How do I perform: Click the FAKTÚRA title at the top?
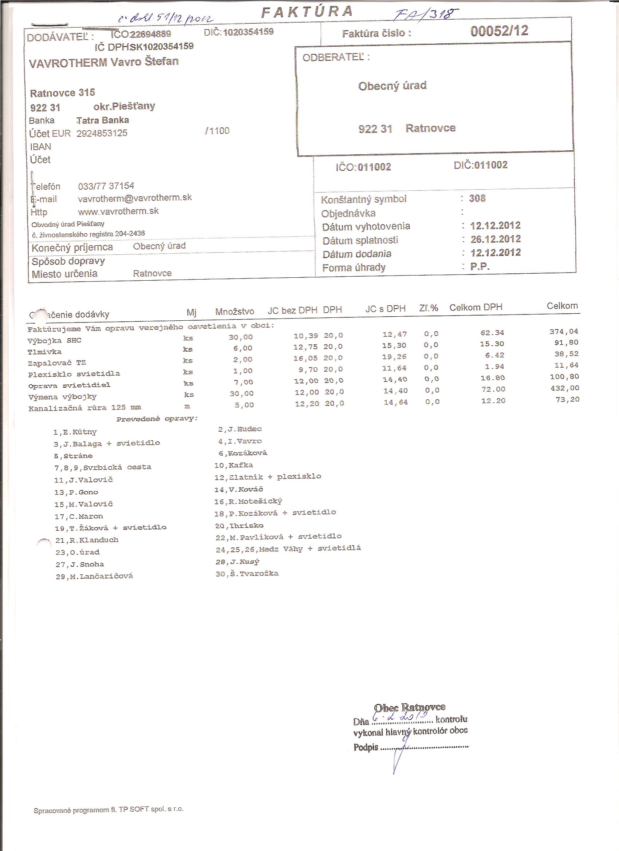coord(307,12)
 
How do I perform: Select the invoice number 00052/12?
coord(499,31)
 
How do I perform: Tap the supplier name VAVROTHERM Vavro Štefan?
coord(104,62)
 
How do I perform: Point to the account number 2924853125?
coord(102,133)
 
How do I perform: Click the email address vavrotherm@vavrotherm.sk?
coord(135,198)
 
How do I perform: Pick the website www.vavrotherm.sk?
coord(118,211)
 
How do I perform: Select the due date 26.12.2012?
coord(495,239)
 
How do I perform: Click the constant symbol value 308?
coord(477,198)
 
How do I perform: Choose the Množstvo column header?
coord(234,312)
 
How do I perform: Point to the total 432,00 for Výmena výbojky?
coord(565,388)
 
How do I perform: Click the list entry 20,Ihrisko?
coord(239,526)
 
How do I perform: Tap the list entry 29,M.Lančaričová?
coord(94,576)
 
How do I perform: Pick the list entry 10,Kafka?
coord(233,465)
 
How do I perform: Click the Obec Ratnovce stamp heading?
coord(410,707)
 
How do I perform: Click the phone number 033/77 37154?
coord(106,186)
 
